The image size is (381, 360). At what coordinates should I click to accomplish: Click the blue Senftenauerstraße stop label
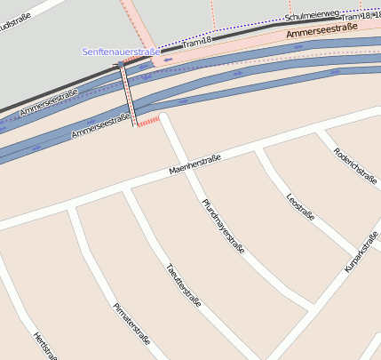[x=121, y=52]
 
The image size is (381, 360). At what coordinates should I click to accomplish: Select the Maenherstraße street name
[x=194, y=164]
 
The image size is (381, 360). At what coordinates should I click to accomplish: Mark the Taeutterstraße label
[x=183, y=284]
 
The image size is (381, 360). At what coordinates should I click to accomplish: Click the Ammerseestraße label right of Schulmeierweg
[x=322, y=32]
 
